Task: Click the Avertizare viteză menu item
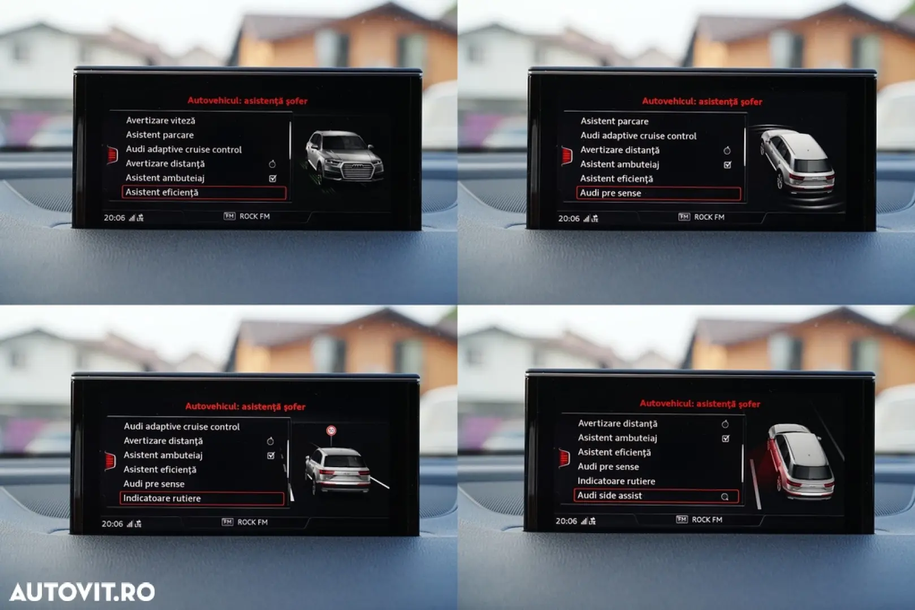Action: click(161, 120)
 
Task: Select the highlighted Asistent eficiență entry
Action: click(204, 193)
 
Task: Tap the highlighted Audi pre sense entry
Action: click(658, 193)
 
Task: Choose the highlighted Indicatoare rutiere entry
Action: click(202, 499)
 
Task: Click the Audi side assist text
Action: click(609, 496)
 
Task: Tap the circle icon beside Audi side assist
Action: click(725, 497)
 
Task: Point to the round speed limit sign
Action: click(331, 430)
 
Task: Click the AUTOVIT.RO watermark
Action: click(82, 591)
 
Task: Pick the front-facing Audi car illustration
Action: click(344, 158)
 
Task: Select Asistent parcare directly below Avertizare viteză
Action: click(160, 135)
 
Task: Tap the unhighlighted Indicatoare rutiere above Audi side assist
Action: click(616, 481)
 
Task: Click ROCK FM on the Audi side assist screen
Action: click(707, 520)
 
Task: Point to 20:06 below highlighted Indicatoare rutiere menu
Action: click(112, 524)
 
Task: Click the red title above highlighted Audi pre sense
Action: click(702, 101)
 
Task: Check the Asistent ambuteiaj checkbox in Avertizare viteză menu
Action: click(272, 178)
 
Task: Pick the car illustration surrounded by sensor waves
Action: click(797, 164)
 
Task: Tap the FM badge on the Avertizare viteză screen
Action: click(229, 216)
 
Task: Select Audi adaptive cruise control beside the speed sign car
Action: click(181, 426)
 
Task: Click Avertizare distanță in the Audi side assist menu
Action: click(617, 424)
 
